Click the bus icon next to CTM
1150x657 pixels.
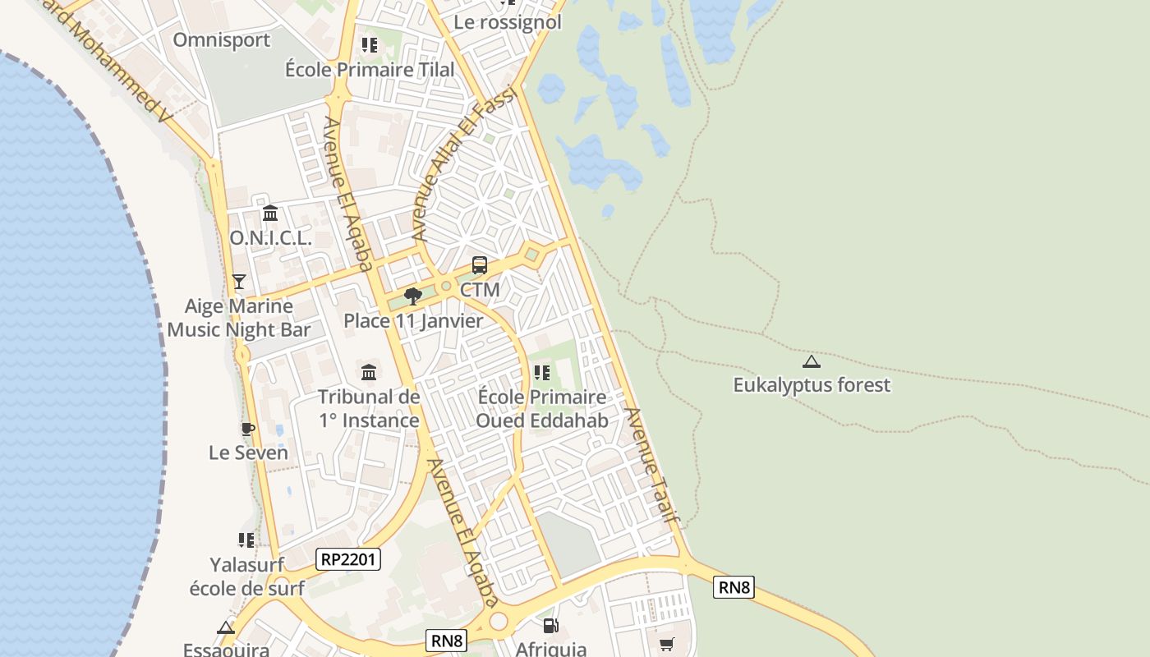[x=480, y=265]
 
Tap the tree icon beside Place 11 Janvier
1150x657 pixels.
[x=412, y=296]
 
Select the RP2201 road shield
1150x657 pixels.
[x=348, y=560]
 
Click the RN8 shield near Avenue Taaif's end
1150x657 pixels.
[x=734, y=587]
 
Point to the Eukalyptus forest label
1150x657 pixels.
[x=812, y=385]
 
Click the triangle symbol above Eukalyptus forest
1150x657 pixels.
[x=812, y=361]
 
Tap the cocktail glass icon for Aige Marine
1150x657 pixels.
[x=239, y=282]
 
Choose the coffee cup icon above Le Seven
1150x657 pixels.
[x=247, y=429]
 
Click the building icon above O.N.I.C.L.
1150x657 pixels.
[x=270, y=214]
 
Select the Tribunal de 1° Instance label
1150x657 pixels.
[x=369, y=409]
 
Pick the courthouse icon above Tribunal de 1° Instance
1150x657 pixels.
[x=369, y=373]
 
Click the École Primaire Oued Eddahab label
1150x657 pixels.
[x=542, y=409]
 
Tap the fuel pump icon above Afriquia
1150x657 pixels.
[x=551, y=627]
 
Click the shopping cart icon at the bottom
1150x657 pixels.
[x=666, y=645]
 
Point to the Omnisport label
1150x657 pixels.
[x=222, y=39]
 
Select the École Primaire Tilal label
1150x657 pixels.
[x=370, y=70]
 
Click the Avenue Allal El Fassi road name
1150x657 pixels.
[x=462, y=164]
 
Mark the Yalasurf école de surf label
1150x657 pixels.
[x=246, y=577]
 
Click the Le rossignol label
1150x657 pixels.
[x=508, y=22]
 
